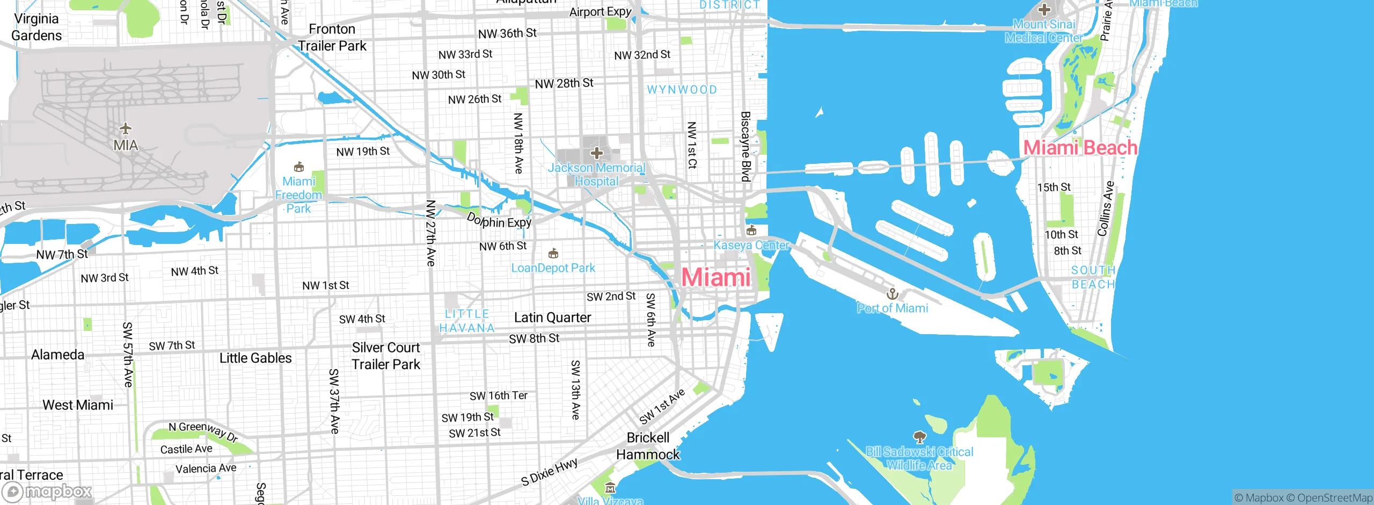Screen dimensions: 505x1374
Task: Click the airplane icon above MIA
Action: [126, 128]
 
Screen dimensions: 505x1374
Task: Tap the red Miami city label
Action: [716, 277]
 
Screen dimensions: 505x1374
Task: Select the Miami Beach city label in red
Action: [1080, 147]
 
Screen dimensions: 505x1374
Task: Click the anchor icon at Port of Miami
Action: [892, 294]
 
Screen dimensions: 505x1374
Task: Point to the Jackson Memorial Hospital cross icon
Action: [596, 153]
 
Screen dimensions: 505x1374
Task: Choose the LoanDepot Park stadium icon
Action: [553, 253]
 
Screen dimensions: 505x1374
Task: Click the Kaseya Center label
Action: [751, 246]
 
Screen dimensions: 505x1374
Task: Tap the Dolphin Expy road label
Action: [499, 221]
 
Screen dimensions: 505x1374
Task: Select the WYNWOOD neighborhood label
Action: [682, 90]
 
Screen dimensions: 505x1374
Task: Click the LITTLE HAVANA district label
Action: [467, 321]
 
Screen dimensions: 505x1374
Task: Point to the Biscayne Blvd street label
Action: [746, 146]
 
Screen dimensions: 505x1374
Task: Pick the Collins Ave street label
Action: [1106, 209]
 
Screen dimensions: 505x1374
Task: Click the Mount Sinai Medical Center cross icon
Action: [1044, 9]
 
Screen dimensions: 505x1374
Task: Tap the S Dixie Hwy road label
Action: [549, 472]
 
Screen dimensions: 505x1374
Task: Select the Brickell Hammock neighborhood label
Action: [648, 446]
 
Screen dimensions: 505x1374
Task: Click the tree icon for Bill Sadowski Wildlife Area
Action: [919, 437]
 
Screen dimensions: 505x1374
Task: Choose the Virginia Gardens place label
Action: [36, 27]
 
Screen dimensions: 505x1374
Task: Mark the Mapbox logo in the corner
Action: [47, 492]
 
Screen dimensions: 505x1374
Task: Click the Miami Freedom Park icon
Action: [299, 167]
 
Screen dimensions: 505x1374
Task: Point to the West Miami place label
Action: [78, 405]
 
